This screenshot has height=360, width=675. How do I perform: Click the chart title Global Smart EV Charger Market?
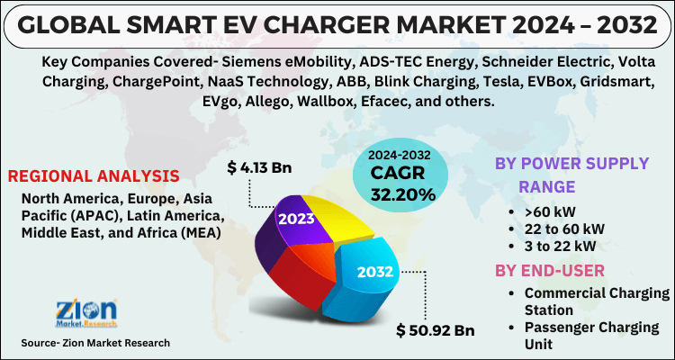click(x=337, y=24)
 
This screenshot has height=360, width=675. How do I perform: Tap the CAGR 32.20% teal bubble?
click(x=399, y=176)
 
